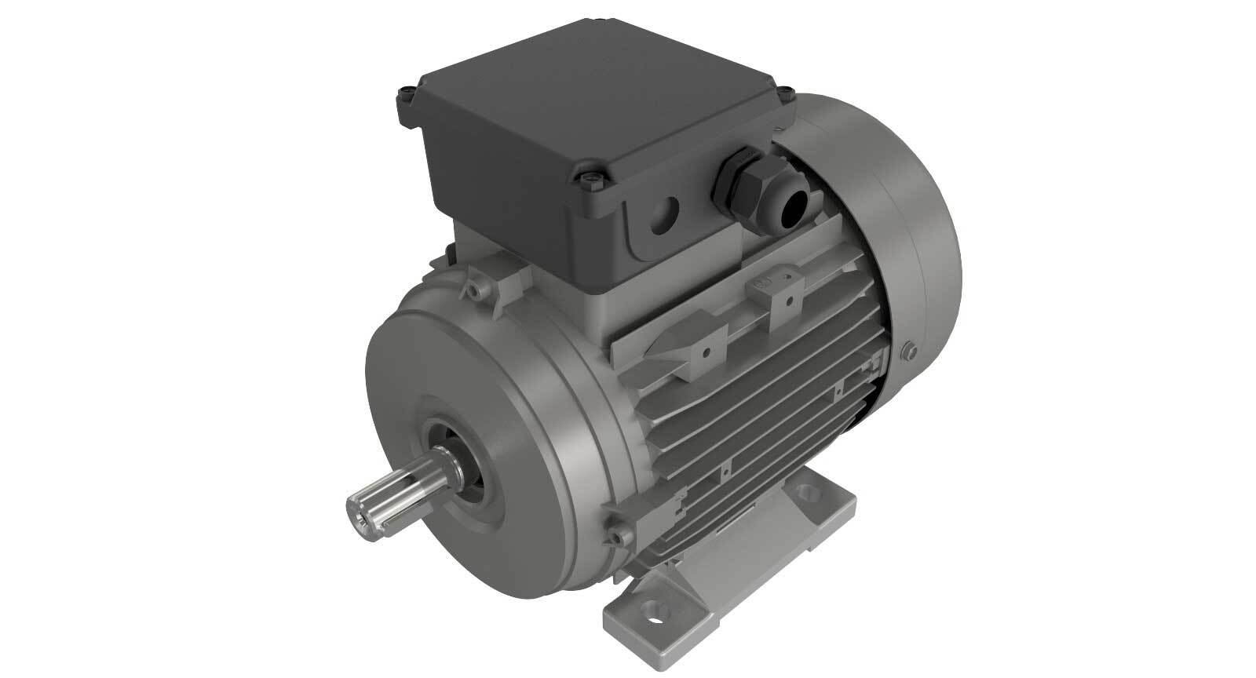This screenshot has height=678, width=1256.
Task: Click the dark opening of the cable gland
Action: (x=789, y=206)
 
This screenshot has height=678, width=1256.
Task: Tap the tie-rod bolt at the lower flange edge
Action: (x=620, y=537)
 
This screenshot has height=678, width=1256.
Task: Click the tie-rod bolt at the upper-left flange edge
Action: (x=476, y=291)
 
